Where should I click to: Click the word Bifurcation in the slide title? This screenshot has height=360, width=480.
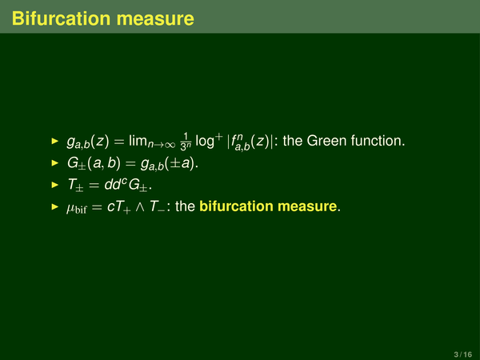pos(62,18)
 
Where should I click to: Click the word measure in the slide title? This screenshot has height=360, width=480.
pos(155,18)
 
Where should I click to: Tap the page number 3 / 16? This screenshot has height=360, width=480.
pos(463,354)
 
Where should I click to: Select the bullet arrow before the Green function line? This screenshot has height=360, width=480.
pos(55,141)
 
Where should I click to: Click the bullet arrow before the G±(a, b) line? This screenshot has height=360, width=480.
pos(55,163)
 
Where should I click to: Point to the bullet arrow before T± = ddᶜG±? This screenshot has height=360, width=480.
pos(55,185)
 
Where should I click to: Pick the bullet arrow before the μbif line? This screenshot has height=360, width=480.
pos(55,206)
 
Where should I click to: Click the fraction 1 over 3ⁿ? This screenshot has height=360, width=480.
pos(186,142)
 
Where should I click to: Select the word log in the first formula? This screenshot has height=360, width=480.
pos(205,142)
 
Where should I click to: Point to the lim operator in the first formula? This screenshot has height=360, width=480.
pos(138,141)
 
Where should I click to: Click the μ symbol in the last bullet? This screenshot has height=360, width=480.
pos(70,208)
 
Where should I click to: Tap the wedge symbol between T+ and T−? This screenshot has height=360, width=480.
pos(140,207)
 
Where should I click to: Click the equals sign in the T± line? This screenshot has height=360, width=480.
pos(94,186)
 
